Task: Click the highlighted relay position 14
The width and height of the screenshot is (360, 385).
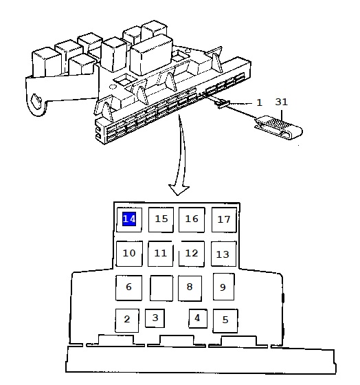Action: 129,219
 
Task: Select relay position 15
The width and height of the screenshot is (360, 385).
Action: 161,219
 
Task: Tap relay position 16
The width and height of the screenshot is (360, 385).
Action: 192,219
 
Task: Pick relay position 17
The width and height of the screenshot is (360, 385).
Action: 224,220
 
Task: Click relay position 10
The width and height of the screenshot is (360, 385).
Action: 129,254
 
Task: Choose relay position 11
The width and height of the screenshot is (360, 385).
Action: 161,254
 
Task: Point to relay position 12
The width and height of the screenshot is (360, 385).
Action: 192,254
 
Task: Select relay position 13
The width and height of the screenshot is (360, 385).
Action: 223,254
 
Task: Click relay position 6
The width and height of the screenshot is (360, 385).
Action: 129,287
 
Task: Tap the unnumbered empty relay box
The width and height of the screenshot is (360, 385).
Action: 161,288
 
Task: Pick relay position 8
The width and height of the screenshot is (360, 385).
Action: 190,288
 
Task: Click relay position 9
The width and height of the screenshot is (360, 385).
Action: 223,287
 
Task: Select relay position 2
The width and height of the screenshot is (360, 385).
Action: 127,320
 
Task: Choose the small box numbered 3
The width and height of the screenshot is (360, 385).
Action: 155,318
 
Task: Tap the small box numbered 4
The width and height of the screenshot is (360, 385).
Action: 198,318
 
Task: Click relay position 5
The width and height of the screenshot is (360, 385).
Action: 225,320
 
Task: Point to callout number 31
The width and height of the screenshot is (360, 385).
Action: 281,102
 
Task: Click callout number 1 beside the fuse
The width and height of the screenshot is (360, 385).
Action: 260,102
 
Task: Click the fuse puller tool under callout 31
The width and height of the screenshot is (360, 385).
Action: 278,126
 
